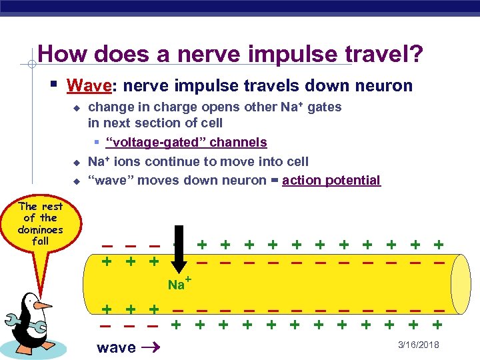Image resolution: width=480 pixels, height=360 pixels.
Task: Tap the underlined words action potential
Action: (x=331, y=180)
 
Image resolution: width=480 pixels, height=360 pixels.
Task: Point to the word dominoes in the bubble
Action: (x=40, y=229)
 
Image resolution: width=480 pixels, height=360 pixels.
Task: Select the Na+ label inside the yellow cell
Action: (x=179, y=284)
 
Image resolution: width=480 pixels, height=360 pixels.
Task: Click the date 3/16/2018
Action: (x=417, y=345)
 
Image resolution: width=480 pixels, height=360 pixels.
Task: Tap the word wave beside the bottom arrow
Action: (x=116, y=347)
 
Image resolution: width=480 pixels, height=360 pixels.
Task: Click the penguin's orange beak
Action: (x=44, y=306)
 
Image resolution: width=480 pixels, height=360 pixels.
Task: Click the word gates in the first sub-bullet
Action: (x=325, y=107)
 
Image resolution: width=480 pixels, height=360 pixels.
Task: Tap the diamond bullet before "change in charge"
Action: (x=76, y=108)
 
